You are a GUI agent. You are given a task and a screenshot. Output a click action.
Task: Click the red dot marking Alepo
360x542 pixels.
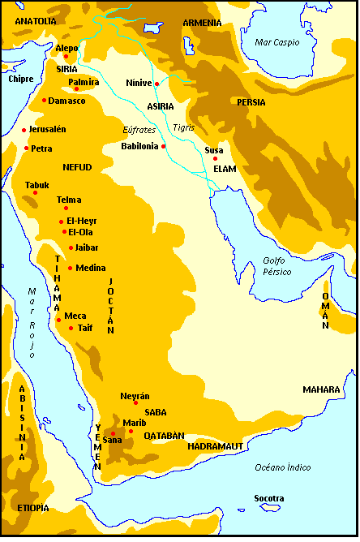coord(66,56)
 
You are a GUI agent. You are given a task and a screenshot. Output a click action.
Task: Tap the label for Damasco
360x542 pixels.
coord(66,101)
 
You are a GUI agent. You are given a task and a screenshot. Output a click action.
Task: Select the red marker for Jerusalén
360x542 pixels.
coord(24,130)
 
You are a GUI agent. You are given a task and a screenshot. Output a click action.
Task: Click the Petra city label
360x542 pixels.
coord(41,148)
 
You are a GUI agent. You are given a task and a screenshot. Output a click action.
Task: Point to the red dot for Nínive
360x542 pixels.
coord(156,84)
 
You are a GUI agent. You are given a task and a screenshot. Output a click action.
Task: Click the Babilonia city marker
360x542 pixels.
coord(163,146)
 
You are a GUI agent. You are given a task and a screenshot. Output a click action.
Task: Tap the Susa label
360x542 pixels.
coord(214,150)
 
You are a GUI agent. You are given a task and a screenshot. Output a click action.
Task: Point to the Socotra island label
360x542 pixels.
coord(268,498)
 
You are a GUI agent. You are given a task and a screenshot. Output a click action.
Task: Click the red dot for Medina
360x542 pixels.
coord(70,268)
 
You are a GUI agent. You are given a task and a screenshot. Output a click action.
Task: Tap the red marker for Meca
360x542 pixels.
coord(58,320)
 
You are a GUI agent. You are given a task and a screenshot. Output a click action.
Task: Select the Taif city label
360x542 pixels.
coord(85,328)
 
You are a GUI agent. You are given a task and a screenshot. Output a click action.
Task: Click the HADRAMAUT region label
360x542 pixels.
coord(215,446)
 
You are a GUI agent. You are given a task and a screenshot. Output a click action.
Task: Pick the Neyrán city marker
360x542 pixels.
coord(135,402)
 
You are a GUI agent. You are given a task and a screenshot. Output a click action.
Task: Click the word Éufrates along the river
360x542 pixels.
coord(139,130)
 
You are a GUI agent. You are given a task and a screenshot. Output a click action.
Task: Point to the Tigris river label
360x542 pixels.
coord(185,128)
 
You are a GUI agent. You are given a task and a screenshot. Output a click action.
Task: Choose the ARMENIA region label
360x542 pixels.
coord(202,23)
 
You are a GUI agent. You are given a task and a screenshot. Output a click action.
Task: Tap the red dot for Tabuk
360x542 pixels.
coord(35,192)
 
